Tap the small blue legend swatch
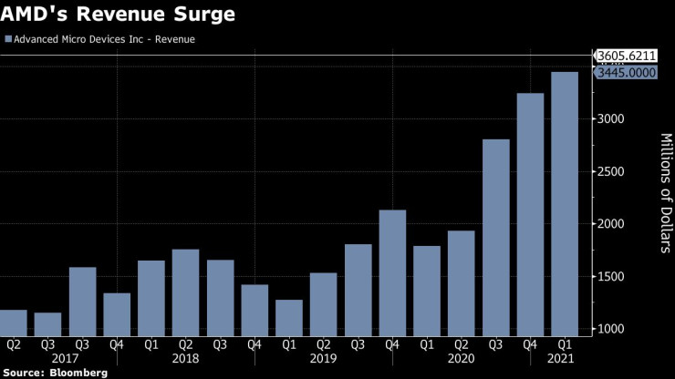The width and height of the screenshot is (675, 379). tap(8, 40)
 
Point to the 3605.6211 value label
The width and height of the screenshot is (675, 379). tap(627, 56)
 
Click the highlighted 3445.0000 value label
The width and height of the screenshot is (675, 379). tap(627, 73)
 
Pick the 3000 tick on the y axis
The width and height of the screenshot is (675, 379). tap(613, 119)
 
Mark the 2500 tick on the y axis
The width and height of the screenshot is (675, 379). tap(613, 172)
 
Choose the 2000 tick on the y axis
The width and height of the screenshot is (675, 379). tap(613, 224)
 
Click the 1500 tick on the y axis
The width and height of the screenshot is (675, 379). tap(613, 277)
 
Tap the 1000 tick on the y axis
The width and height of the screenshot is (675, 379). tap(613, 329)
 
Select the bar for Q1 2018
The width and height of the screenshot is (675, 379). tap(151, 298)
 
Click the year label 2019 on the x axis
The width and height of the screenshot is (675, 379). tap(324, 359)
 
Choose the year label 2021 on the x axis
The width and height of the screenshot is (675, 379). tap(565, 359)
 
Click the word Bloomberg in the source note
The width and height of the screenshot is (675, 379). tap(78, 373)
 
